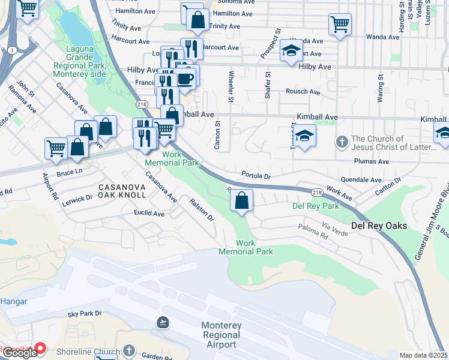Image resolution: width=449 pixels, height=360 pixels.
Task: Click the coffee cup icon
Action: click(185, 79)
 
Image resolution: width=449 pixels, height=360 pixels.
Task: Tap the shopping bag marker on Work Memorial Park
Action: click(241, 201)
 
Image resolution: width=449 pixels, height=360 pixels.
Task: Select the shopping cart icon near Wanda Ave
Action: click(340, 25)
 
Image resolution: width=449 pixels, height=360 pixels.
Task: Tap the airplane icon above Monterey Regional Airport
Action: click(162, 322)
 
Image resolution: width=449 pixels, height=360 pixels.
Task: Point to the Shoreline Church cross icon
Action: click(128, 350)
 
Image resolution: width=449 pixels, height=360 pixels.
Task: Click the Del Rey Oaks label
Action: click(379, 226)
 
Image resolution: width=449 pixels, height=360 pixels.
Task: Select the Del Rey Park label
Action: click(315, 206)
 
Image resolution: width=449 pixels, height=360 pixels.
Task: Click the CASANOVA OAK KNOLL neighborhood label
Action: click(114, 191)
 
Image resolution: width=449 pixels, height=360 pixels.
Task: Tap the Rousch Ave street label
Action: click(303, 92)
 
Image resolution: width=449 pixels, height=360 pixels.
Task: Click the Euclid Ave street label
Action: click(149, 214)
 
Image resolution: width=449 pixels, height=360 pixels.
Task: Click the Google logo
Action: click(19, 353)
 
